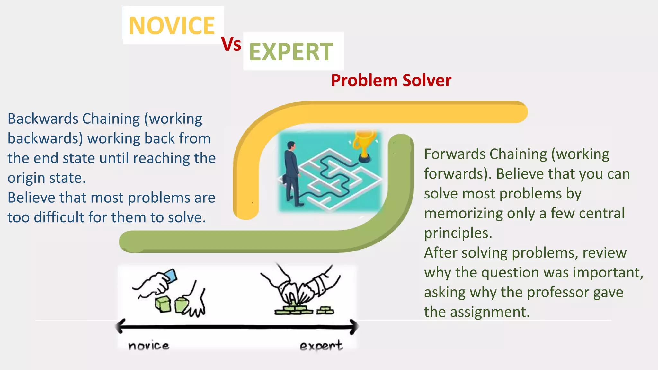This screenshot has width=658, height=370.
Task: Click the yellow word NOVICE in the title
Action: pyautogui.click(x=172, y=26)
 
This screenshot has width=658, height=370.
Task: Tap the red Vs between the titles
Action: pyautogui.click(x=231, y=44)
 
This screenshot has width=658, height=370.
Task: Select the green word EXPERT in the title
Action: pyautogui.click(x=291, y=52)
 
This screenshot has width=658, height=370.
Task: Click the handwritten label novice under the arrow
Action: pyautogui.click(x=148, y=346)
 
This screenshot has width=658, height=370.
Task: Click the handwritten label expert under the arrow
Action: pyautogui.click(x=321, y=346)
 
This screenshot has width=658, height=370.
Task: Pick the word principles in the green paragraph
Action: pyautogui.click(x=458, y=233)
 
